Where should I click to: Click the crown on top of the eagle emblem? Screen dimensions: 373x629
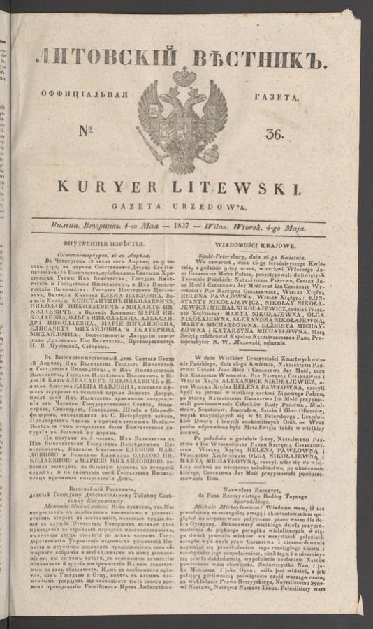point(184,75)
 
